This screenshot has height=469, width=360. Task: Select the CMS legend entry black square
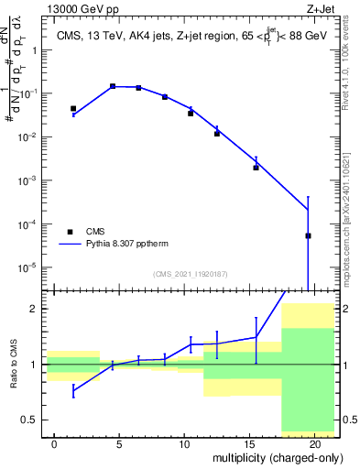70,232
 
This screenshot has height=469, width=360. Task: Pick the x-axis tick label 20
314,442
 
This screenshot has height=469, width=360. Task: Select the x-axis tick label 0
54,442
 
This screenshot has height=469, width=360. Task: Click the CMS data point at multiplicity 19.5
308,235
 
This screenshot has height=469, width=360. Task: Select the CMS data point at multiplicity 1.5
73,108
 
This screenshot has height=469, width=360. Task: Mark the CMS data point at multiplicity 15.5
256,168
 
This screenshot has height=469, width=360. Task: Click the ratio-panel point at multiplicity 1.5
73,391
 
